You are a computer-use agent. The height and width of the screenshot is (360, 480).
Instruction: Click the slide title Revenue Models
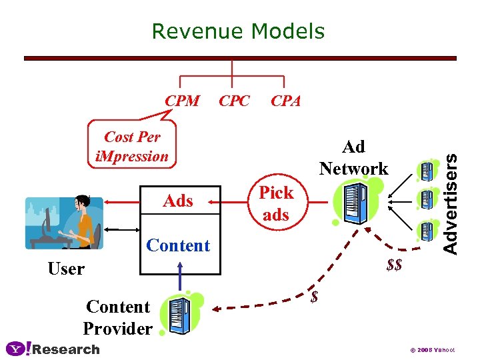[x=238, y=31]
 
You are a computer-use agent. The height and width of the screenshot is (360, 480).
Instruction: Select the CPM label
[x=182, y=101]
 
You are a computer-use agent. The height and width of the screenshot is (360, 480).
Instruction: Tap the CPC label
[x=235, y=101]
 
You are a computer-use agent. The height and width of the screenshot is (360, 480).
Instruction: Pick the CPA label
[x=285, y=101]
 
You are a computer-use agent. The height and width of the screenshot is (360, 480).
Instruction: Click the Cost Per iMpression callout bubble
[x=132, y=147]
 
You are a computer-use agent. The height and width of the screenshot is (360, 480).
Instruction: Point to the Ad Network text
[x=353, y=157]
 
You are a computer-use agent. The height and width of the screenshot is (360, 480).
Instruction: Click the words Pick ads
[x=276, y=203]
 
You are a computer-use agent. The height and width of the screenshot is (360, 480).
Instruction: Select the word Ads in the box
[x=178, y=201]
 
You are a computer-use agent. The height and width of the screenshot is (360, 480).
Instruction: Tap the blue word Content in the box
[x=178, y=245]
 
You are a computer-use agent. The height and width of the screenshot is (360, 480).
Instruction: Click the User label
[x=66, y=269]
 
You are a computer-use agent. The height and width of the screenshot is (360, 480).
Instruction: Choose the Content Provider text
[x=118, y=317]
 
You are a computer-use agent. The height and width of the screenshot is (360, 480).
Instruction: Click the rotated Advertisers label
[x=451, y=203]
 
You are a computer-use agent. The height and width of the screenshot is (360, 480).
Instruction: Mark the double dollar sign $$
[x=394, y=265]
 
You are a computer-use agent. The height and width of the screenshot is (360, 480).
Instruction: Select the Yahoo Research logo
[x=53, y=349]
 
